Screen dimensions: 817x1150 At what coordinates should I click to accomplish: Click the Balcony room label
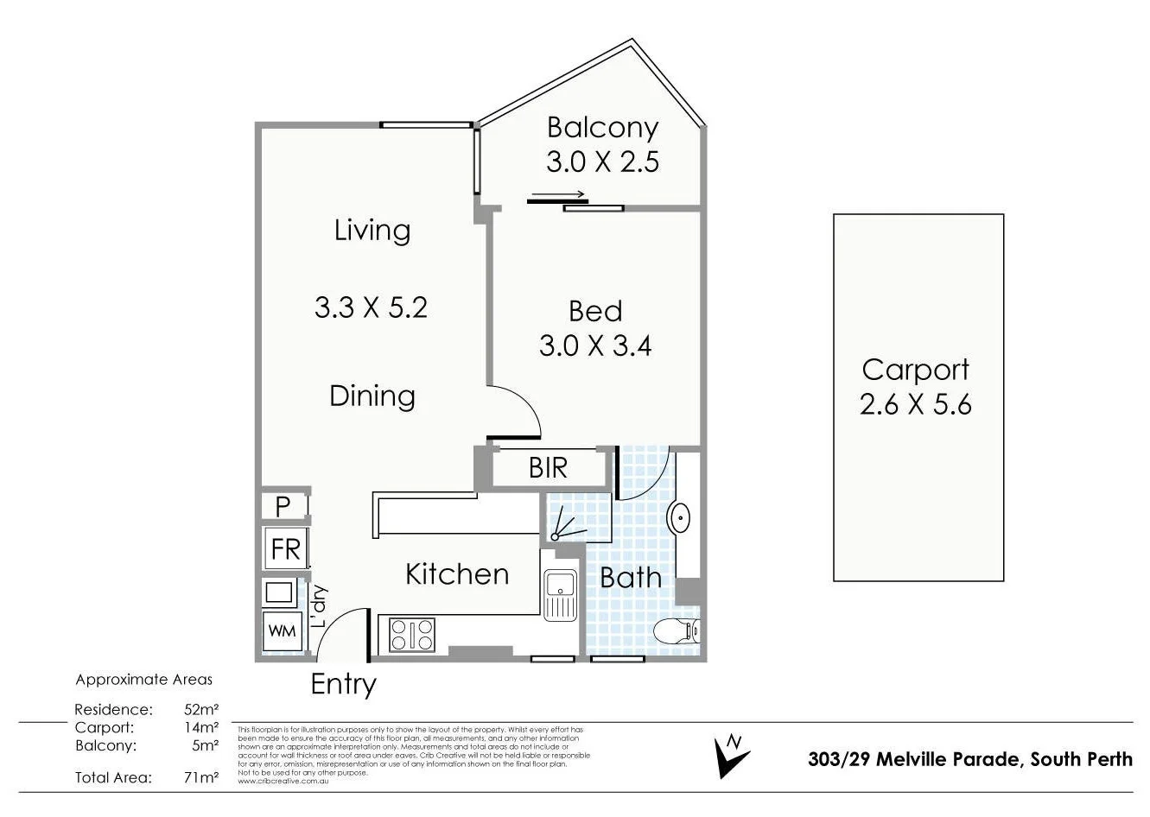coord(602,128)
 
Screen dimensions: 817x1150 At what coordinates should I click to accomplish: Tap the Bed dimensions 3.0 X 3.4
coord(595,346)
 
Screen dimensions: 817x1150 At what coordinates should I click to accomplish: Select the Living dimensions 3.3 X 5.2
coord(371,307)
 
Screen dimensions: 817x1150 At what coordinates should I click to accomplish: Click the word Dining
coord(372,396)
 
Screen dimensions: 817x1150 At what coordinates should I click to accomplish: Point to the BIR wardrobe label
coord(548,468)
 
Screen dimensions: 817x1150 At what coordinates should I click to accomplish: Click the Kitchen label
coord(457,574)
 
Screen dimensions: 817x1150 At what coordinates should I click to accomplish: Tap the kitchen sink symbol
coord(560,595)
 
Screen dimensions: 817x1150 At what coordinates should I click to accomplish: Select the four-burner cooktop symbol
coord(412,635)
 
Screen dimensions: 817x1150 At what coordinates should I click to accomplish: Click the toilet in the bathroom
coord(676,631)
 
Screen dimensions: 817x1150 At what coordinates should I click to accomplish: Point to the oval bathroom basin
coord(679,518)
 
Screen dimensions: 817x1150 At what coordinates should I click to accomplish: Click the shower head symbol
coord(556,535)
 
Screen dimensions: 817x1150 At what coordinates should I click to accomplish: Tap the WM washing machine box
coord(282,631)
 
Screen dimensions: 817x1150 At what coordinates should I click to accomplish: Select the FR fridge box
coord(285,549)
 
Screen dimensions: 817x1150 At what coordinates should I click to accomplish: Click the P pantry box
coord(283,506)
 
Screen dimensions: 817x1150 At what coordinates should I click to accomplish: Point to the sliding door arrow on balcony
coord(559,194)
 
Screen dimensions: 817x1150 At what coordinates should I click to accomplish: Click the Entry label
coord(343,684)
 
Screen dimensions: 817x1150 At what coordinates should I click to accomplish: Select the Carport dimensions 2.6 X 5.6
coord(915,404)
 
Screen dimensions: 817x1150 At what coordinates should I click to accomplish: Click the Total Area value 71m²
coord(201,777)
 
